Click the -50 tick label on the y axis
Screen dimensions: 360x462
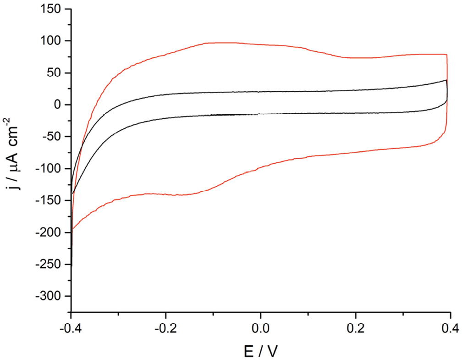(52, 137)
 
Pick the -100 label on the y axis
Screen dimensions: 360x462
(49, 169)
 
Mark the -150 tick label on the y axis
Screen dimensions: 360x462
(49, 200)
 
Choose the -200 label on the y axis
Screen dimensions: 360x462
(49, 233)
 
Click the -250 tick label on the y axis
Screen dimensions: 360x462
(49, 264)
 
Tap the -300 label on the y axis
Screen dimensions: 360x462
(49, 296)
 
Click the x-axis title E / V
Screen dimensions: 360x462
(260, 351)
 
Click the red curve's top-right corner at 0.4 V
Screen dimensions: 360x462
(446, 55)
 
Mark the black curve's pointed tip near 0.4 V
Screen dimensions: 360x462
(446, 80)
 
